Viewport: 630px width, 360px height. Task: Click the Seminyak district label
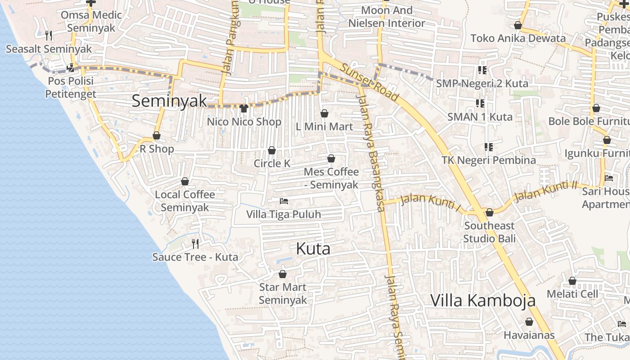[x=169, y=101]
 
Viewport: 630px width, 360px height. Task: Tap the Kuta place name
[x=313, y=249]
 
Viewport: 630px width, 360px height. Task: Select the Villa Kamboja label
[x=483, y=300]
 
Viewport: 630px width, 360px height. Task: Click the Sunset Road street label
[x=369, y=82]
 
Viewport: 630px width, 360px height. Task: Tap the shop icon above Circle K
[x=272, y=150]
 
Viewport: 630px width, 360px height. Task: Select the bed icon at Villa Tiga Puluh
[x=283, y=201]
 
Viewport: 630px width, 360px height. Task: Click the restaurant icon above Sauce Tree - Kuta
[x=195, y=244]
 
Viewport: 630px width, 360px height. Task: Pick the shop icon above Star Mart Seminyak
[x=283, y=274]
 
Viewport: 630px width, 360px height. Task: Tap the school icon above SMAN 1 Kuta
[x=480, y=103]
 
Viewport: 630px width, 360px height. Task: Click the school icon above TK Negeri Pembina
[x=488, y=147]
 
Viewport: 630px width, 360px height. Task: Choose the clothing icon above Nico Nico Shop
[x=244, y=108]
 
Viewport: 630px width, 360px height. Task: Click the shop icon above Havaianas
[x=529, y=322]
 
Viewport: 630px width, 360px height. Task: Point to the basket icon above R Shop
[x=157, y=135]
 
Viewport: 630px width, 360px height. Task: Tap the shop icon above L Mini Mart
[x=324, y=113]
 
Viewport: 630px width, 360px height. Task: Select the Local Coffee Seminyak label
[x=185, y=201]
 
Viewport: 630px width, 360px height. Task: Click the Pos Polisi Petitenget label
[x=70, y=87]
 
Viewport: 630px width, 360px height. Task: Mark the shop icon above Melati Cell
[x=572, y=281]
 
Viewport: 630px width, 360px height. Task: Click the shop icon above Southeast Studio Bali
[x=490, y=212]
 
